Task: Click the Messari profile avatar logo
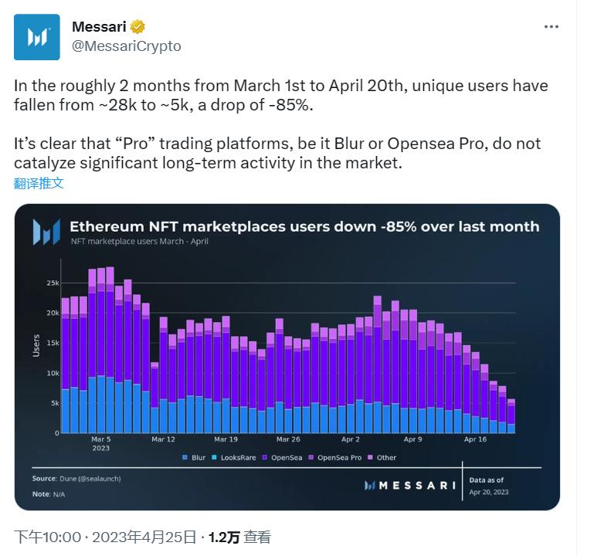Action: coord(36,37)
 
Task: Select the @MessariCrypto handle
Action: coord(126,46)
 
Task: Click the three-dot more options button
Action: coord(551,26)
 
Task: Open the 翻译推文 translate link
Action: coord(39,183)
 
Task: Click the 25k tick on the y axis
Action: coord(53,283)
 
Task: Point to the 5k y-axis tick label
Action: coord(54,403)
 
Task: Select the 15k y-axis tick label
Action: coord(53,343)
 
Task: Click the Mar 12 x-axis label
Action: coord(163,439)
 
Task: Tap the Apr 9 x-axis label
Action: coord(412,439)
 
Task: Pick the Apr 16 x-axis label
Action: coord(475,439)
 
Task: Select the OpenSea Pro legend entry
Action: coord(338,457)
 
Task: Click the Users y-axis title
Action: coord(36,344)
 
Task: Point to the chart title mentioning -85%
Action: coord(304,227)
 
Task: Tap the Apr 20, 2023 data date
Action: coord(489,492)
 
